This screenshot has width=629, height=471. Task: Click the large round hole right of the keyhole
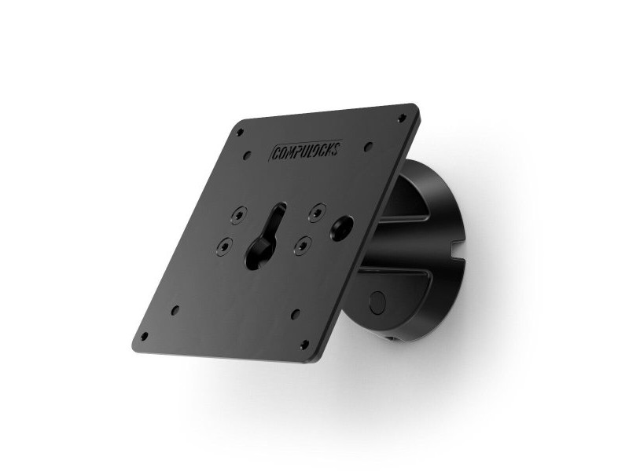[x=342, y=228]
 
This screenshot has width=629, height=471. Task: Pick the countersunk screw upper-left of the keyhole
[x=237, y=213]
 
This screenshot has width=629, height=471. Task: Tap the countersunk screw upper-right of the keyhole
[x=317, y=209]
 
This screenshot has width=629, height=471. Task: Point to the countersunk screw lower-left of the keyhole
[x=224, y=246]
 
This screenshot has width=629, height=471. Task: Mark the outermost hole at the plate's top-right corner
[x=403, y=118]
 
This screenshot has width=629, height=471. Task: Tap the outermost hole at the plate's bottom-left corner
[x=144, y=336]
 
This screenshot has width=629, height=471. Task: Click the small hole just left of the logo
[x=248, y=155]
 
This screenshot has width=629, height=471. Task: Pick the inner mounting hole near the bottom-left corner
[x=175, y=309]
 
